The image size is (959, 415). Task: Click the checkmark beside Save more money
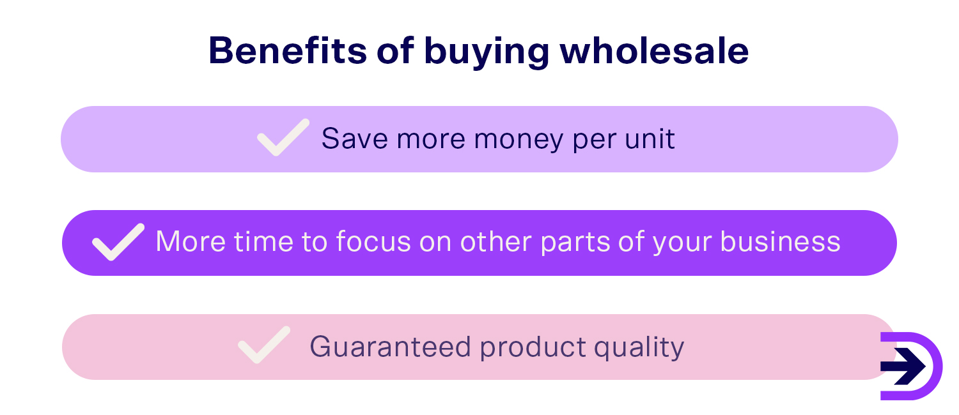point(283,137)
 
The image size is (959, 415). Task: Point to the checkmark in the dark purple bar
point(118,242)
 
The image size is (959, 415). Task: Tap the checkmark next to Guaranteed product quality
point(264,345)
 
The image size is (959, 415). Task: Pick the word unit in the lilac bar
point(652,138)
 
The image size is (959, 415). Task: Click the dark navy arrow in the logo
point(902,366)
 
